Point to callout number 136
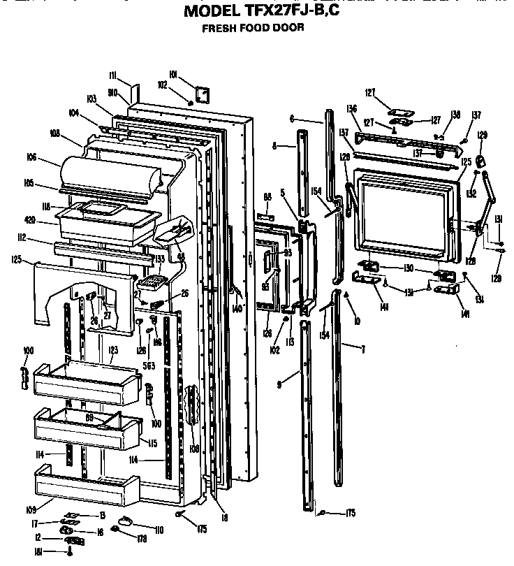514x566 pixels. click(x=352, y=108)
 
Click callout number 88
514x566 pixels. click(x=267, y=197)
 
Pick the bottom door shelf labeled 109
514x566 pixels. click(x=84, y=486)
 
